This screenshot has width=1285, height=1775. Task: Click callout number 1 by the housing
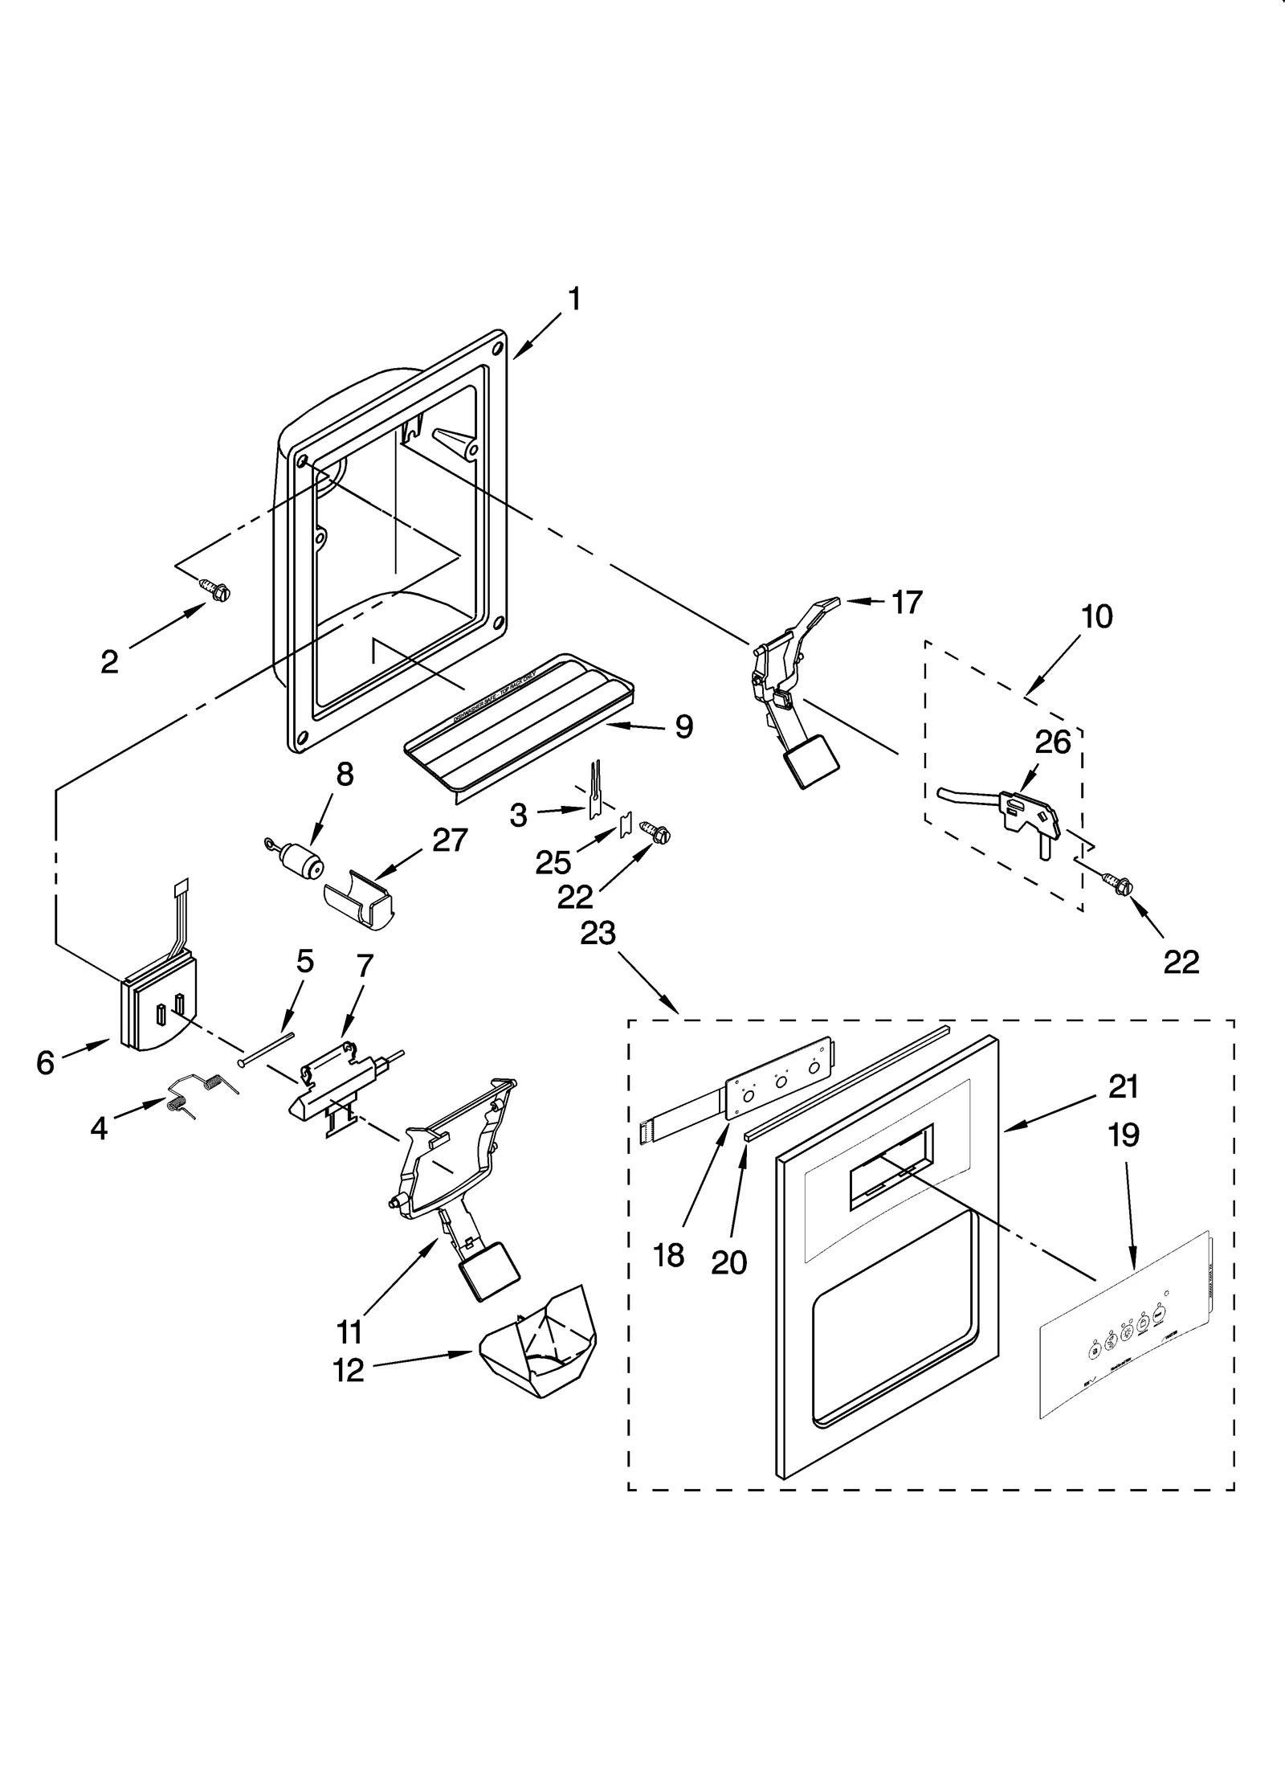tap(574, 300)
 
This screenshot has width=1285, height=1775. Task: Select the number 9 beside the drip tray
tap(683, 726)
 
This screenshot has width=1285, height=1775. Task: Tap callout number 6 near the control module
tap(46, 1063)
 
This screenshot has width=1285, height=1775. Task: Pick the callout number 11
tap(349, 1333)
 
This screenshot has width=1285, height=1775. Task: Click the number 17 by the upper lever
tap(907, 603)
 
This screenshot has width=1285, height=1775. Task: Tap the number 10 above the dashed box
tap(1097, 617)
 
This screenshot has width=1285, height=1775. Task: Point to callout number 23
tap(598, 933)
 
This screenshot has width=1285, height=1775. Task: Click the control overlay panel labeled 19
tap(1124, 1335)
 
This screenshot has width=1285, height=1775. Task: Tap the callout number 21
tap(1124, 1087)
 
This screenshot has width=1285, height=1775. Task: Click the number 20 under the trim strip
tap(728, 1263)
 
